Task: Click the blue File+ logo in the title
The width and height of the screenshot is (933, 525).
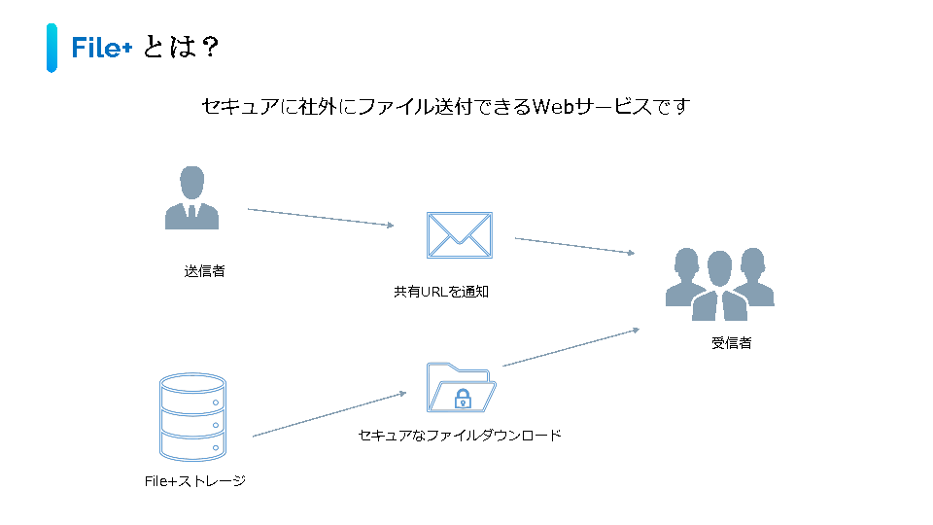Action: tap(101, 48)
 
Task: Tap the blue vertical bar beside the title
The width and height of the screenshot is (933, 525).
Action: tap(52, 48)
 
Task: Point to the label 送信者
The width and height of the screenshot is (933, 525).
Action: tap(204, 271)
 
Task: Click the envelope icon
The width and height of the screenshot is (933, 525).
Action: tap(460, 235)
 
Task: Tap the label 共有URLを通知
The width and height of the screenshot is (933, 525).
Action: tap(440, 292)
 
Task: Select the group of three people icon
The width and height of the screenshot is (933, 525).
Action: tap(720, 283)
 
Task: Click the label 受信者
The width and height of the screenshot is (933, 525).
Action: tap(731, 343)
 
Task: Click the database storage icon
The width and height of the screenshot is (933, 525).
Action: tap(191, 417)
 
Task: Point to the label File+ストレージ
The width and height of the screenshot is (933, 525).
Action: tap(194, 480)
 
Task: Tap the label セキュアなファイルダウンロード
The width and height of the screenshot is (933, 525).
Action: tap(460, 436)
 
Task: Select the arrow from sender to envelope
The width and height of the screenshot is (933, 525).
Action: tap(321, 217)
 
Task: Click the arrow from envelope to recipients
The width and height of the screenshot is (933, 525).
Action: tap(574, 245)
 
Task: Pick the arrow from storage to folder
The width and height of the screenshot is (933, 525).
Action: tap(328, 415)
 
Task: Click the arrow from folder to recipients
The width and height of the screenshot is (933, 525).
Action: tap(570, 347)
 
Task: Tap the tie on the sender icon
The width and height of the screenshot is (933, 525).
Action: tap(191, 212)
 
